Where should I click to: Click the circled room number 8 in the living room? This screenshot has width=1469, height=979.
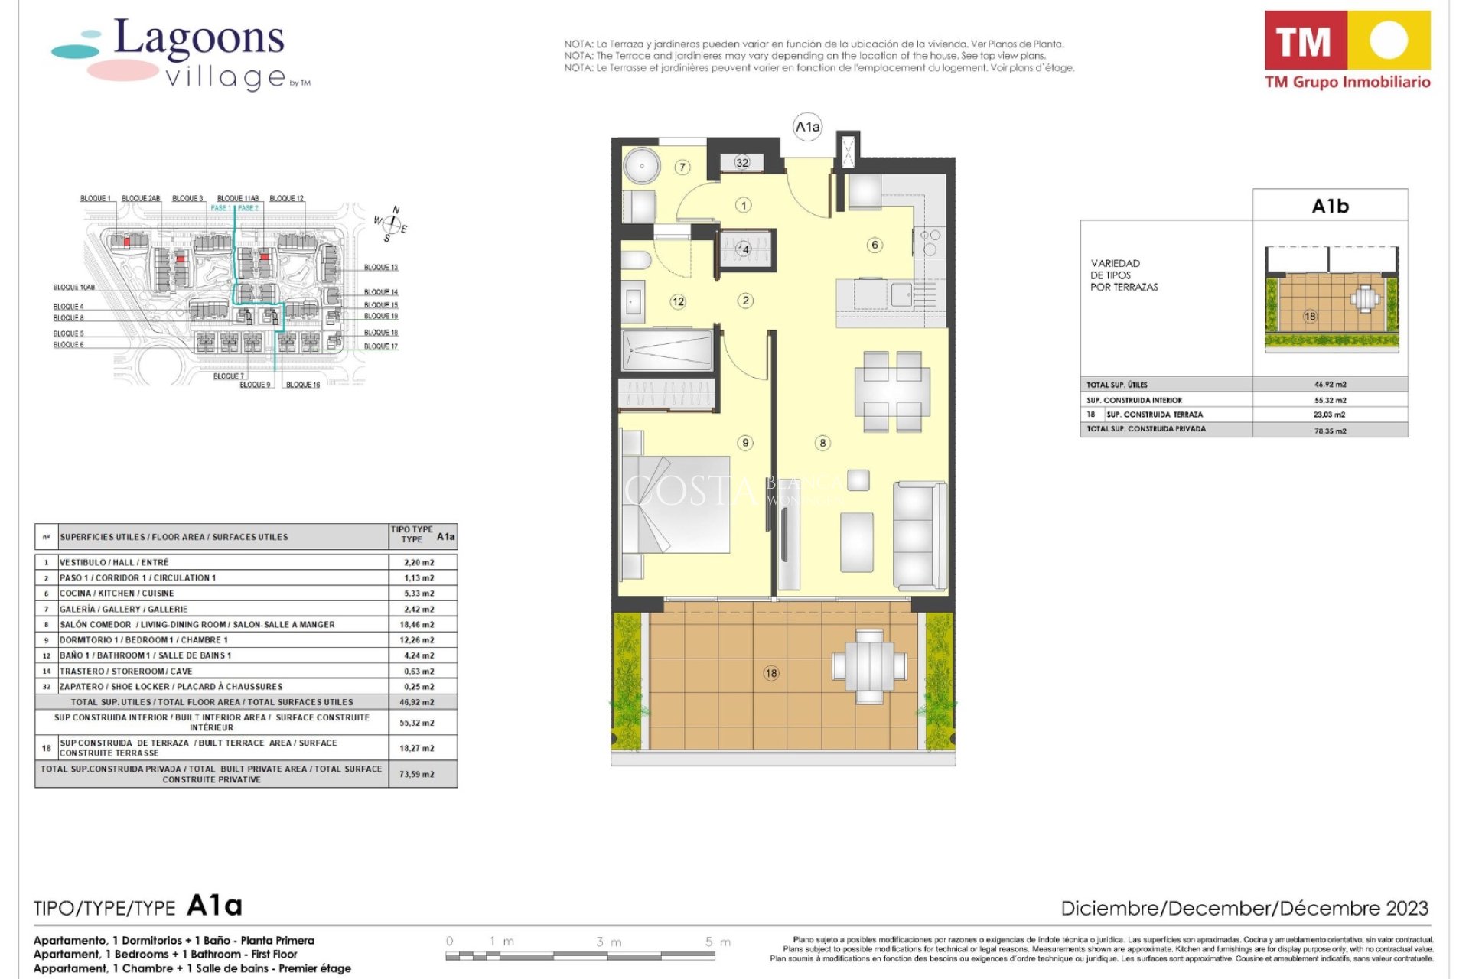[x=822, y=443]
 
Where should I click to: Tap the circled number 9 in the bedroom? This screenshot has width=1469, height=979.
[x=745, y=443]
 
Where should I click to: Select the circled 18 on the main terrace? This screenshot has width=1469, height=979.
[x=770, y=673]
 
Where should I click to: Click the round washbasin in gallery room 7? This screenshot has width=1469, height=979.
[x=640, y=165]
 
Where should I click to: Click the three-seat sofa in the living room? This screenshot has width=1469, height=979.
[x=920, y=535]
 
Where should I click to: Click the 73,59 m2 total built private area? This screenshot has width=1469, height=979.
[x=417, y=774]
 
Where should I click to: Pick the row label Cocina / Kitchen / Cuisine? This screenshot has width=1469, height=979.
[x=117, y=594]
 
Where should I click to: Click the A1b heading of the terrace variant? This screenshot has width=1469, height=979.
[x=1330, y=206]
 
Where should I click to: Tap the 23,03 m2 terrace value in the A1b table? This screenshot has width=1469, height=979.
[x=1330, y=415]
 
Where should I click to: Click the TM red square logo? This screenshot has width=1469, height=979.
[x=1305, y=41]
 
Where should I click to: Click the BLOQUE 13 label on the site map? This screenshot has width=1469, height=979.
[x=380, y=268]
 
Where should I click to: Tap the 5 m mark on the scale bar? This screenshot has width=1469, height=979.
[x=718, y=942]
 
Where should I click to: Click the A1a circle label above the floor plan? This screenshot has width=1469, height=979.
[x=807, y=127]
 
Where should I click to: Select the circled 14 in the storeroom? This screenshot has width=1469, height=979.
[x=743, y=249]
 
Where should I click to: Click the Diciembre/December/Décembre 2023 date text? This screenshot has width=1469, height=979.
[x=1244, y=908]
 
